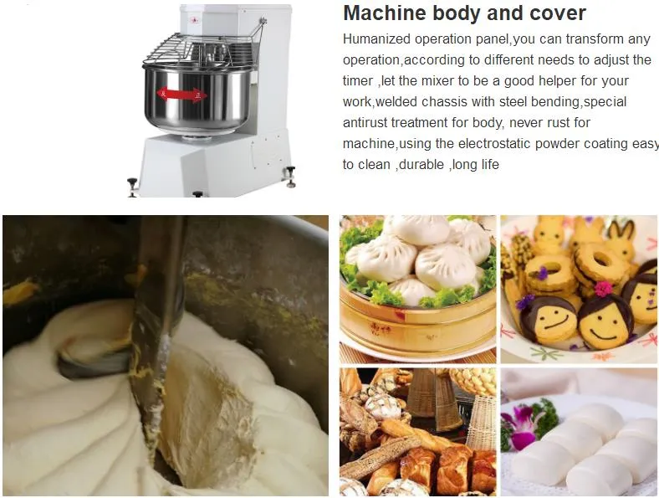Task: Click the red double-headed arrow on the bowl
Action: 182,95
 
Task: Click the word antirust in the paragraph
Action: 365,123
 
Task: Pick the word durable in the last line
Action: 421,164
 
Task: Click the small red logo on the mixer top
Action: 194,20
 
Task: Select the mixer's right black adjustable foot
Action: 290,176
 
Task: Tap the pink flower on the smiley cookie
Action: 603,289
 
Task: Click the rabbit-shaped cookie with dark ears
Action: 621,239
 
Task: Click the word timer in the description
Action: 358,80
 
